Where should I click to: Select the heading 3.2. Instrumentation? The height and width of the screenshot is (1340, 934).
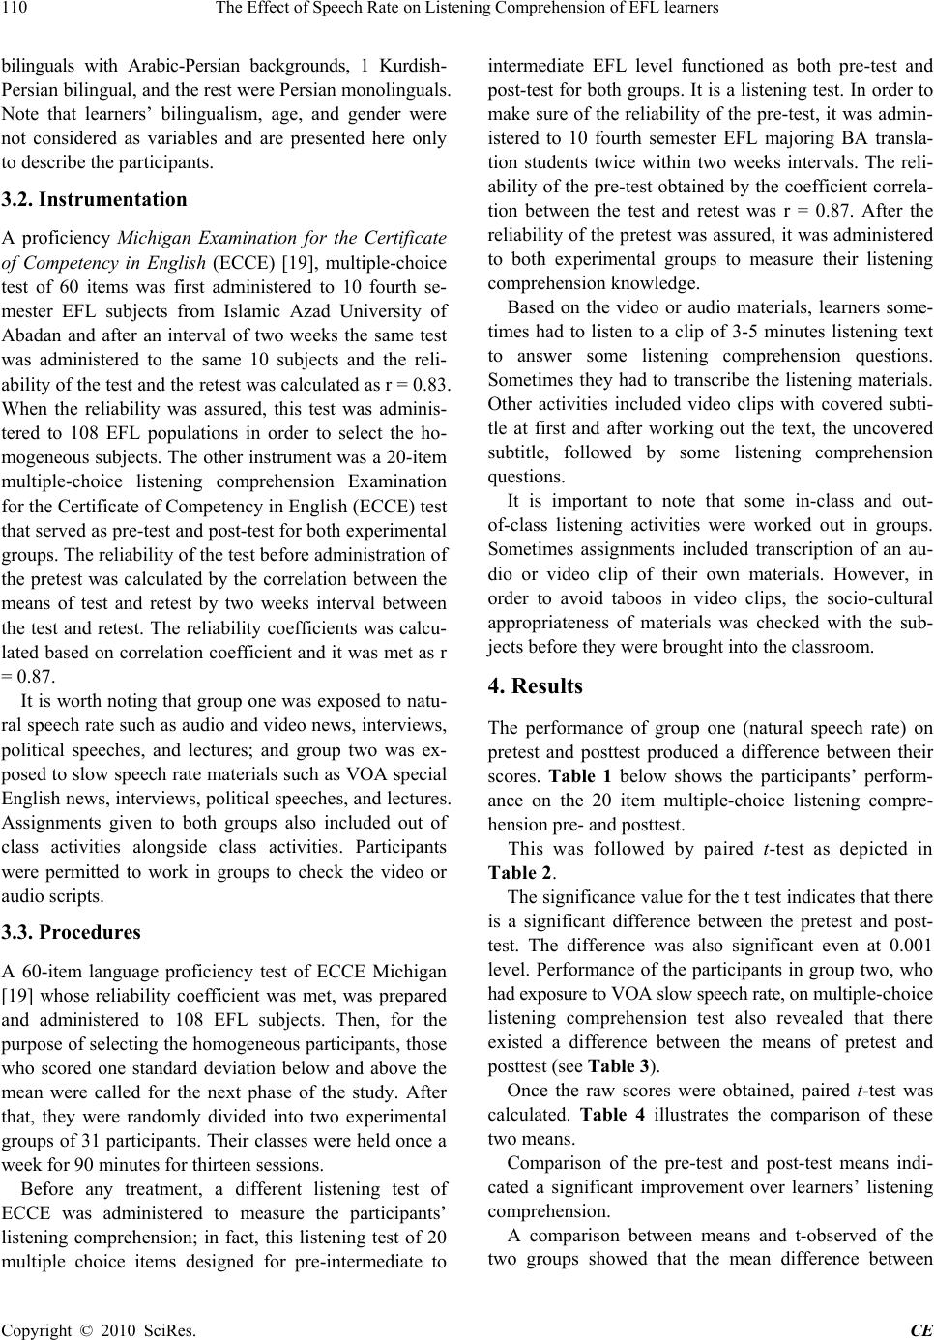[x=94, y=200]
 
